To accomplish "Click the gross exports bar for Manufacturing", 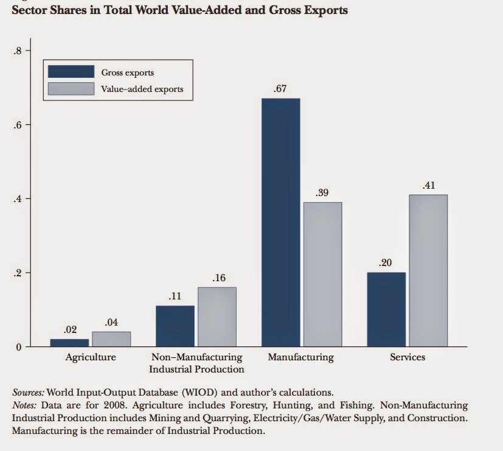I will tap(280, 222).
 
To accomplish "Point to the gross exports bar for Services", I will tap(386, 309).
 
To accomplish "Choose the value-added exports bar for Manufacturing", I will tap(322, 274).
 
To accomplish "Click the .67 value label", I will tap(281, 89).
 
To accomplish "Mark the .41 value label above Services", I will tap(428, 185).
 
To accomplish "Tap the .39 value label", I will tap(322, 193).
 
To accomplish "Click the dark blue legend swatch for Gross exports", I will tap(72, 72).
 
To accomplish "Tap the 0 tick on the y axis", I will tap(19, 347).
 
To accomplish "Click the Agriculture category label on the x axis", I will tap(91, 357).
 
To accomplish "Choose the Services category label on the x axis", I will tap(408, 357).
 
